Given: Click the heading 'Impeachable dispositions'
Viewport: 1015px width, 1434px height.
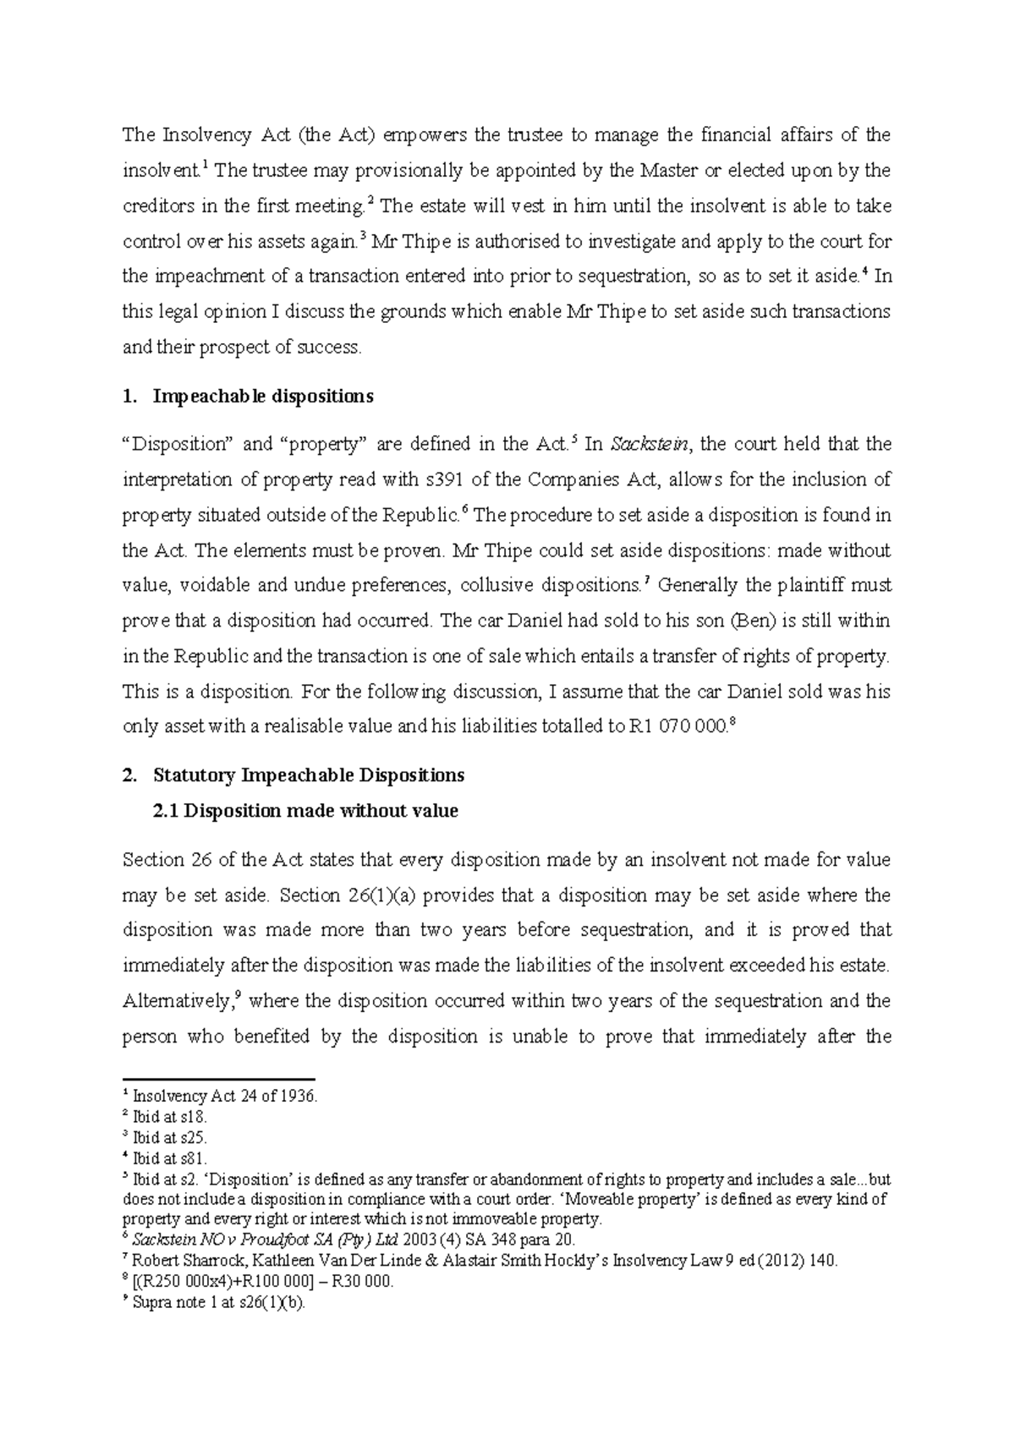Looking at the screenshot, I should [262, 396].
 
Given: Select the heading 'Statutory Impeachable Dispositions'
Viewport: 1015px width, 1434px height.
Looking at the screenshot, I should [309, 774].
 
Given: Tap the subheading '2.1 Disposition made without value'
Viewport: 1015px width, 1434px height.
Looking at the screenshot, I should [304, 811].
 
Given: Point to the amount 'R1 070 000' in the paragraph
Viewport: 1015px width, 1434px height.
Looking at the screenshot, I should [678, 727].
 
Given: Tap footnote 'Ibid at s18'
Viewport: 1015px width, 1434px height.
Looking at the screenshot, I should [170, 1117].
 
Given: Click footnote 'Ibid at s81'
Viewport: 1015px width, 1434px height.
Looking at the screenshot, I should [170, 1158].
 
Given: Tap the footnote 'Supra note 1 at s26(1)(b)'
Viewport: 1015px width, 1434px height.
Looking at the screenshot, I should [219, 1302].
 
